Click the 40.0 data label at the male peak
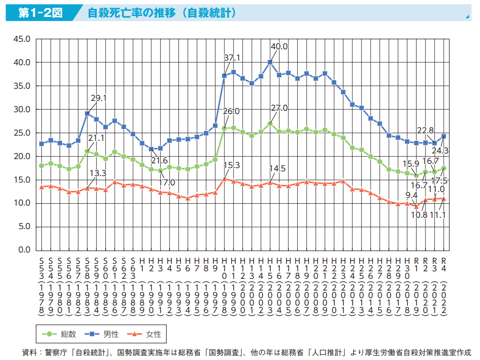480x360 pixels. pyautogui.click(x=279, y=46)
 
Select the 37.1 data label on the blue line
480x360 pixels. pyautogui.click(x=232, y=58)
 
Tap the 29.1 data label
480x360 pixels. pyautogui.click(x=99, y=98)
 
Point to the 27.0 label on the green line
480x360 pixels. pyautogui.click(x=279, y=108)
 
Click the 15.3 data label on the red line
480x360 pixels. pyautogui.click(x=232, y=165)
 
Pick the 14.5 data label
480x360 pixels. pyautogui.click(x=277, y=169)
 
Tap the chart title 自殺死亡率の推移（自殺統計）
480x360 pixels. pyautogui.click(x=162, y=13)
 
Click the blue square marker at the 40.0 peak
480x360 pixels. pyautogui.click(x=270, y=62)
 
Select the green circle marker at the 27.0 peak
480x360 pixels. pyautogui.click(x=270, y=123)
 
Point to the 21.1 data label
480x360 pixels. pyautogui.click(x=96, y=138)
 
